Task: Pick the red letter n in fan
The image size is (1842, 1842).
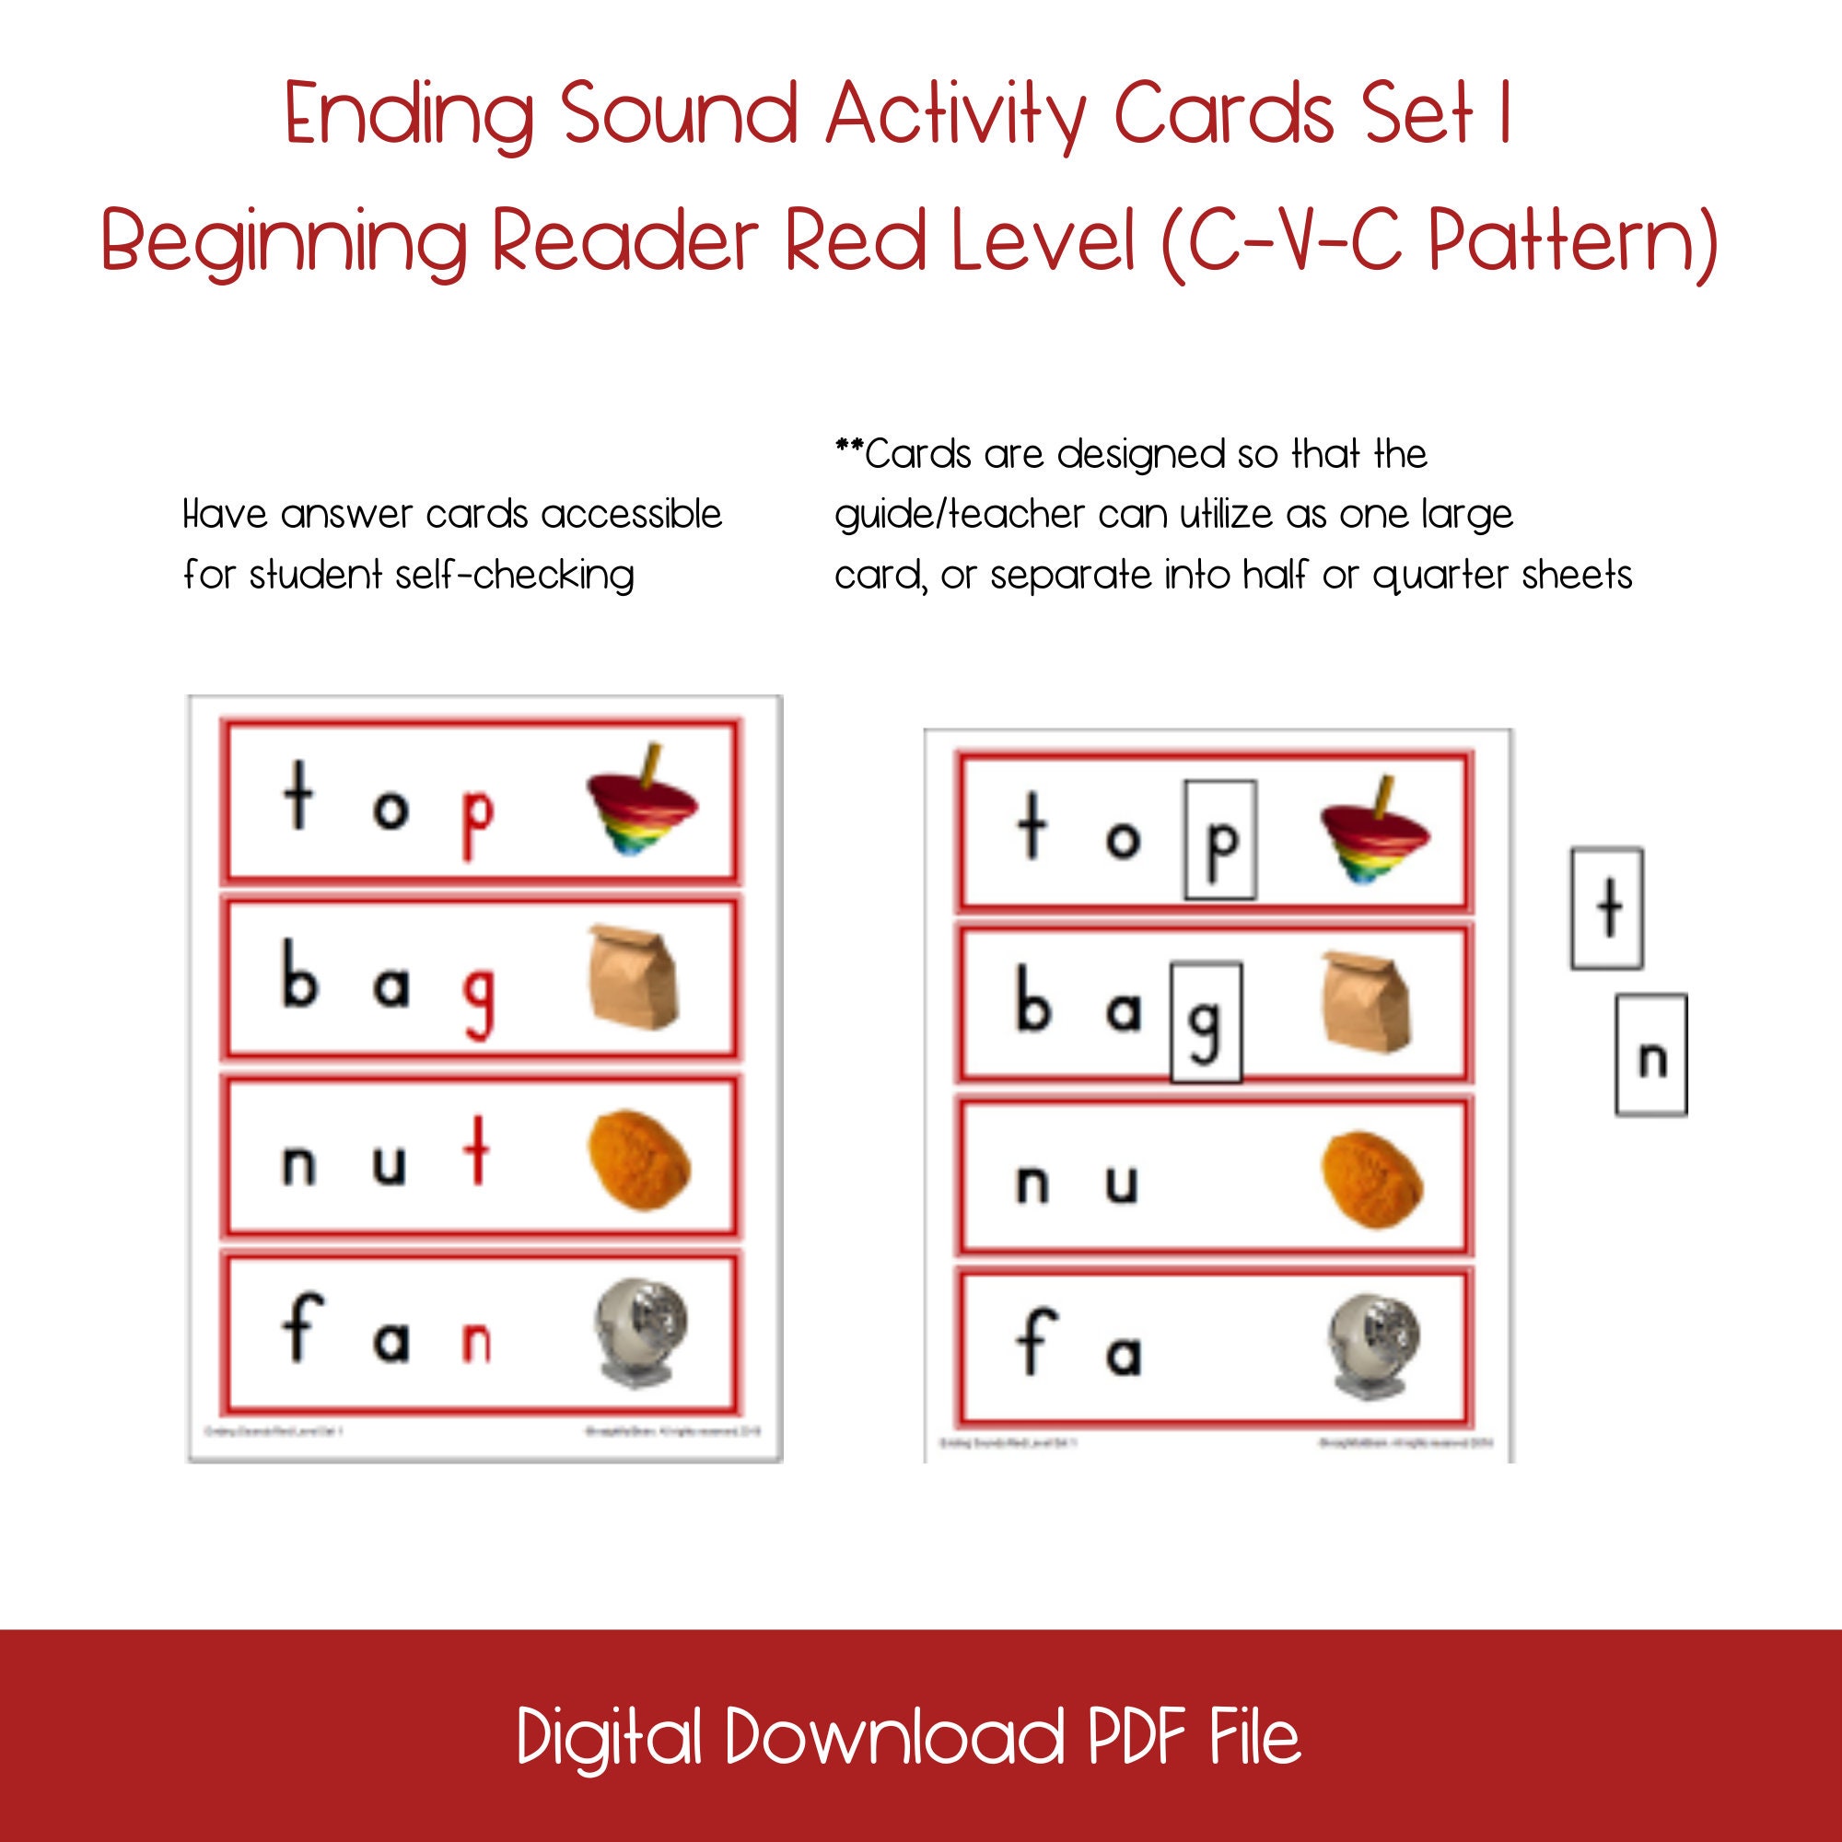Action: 476,1342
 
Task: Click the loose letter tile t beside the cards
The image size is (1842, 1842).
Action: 1607,908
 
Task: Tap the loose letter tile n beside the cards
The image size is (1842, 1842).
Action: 1651,1055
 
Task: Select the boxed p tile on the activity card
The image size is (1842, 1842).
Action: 1219,839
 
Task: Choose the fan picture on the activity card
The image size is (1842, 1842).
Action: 1373,1347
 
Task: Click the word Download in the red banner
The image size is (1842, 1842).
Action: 894,1736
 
